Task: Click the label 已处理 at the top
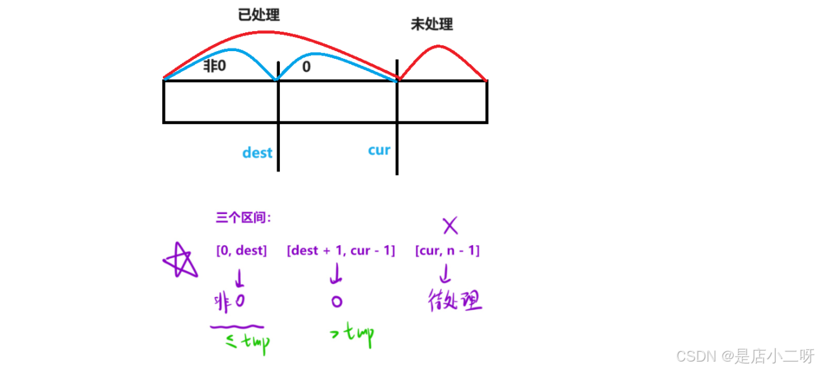click(x=259, y=14)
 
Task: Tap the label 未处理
click(x=432, y=25)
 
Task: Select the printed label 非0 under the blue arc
click(x=215, y=66)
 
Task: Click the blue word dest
click(x=257, y=153)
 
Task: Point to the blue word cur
click(x=379, y=150)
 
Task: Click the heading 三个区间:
click(x=243, y=218)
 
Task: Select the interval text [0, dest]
click(x=241, y=250)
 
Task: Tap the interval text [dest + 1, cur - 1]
click(x=341, y=250)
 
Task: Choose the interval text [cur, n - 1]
click(x=447, y=250)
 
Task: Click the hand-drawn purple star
click(x=179, y=261)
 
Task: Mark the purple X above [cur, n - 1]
click(x=450, y=226)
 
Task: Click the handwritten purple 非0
click(x=229, y=301)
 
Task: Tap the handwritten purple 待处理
click(x=455, y=301)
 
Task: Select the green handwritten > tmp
click(x=352, y=334)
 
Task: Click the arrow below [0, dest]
click(x=240, y=278)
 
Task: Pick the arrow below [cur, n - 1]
click(x=445, y=276)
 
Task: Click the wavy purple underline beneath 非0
click(x=237, y=326)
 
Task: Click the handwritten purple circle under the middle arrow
click(x=336, y=301)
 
